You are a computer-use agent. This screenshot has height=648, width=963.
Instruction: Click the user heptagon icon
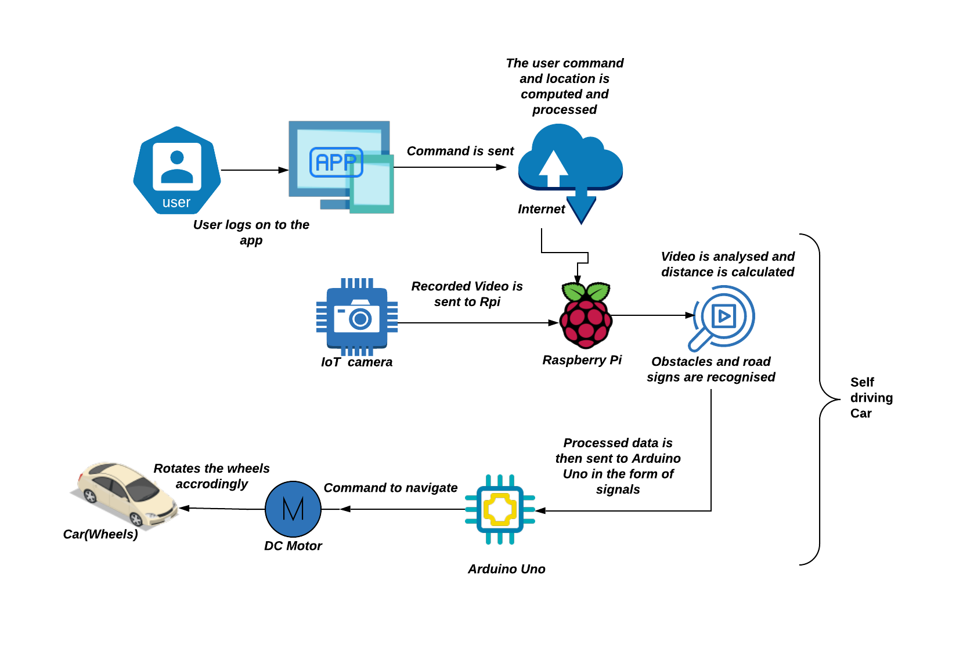pyautogui.click(x=177, y=170)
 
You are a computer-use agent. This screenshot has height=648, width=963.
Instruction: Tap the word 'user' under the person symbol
pyautogui.click(x=176, y=203)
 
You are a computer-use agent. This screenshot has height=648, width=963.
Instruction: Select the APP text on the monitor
pyautogui.click(x=336, y=162)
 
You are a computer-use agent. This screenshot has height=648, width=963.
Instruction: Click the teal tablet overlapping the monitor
pyautogui.click(x=372, y=185)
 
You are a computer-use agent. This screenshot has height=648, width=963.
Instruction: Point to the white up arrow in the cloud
pyautogui.click(x=553, y=168)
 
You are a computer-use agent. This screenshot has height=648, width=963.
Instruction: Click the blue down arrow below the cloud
pyautogui.click(x=581, y=207)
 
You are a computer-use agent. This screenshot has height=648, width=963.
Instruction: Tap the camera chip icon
pyautogui.click(x=357, y=317)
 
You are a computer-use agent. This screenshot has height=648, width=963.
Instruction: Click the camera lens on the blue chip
pyautogui.click(x=360, y=319)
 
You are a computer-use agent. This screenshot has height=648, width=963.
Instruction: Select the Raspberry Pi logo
pyautogui.click(x=586, y=316)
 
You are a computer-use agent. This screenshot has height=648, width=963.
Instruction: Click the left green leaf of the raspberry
pyautogui.click(x=574, y=291)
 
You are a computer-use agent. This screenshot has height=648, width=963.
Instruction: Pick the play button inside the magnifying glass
pyautogui.click(x=724, y=316)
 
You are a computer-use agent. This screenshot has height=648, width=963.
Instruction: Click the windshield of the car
pyautogui.click(x=142, y=491)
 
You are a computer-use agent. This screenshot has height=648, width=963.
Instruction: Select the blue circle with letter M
pyautogui.click(x=293, y=509)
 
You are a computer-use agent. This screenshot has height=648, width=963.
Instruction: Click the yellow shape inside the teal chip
pyautogui.click(x=500, y=509)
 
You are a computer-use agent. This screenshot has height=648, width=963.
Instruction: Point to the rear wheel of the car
pyautogui.click(x=90, y=495)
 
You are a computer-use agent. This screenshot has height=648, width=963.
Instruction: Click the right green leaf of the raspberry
pyautogui.click(x=598, y=291)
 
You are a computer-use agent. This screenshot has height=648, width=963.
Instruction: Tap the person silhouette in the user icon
pyautogui.click(x=177, y=167)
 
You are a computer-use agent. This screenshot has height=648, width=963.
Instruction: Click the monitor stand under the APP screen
pyautogui.click(x=334, y=204)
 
